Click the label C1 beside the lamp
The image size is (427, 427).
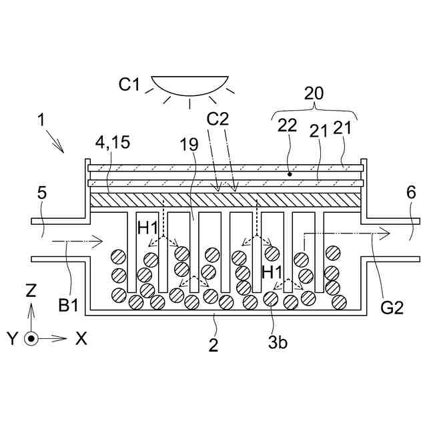[x=129, y=85]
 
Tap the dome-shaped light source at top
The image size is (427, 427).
[x=189, y=85]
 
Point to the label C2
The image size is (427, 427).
[x=218, y=121]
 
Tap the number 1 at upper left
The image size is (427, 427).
[x=41, y=121]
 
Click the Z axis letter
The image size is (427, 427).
[x=31, y=291]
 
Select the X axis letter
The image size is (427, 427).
[x=81, y=338]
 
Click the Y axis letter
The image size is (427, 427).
[x=12, y=339]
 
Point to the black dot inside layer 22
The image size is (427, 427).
[x=290, y=174]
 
